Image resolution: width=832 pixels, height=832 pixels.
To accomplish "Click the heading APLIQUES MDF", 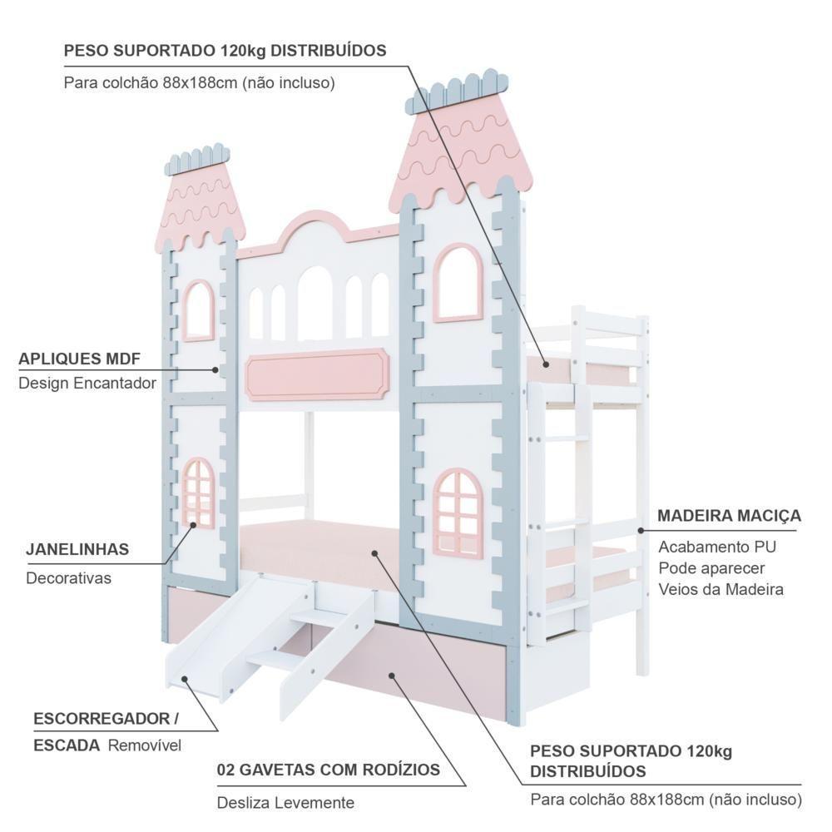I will (x=79, y=359).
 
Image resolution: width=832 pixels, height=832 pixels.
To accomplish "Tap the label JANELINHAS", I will (x=77, y=549).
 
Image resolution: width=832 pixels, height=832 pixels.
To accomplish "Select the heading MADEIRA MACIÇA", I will (x=729, y=516).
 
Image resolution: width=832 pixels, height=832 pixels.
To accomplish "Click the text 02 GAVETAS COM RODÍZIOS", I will (x=328, y=770).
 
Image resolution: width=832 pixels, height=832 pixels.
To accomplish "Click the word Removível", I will (x=144, y=745).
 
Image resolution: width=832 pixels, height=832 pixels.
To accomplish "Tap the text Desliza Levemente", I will (x=285, y=803).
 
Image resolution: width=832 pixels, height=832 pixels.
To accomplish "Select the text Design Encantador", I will (x=87, y=384).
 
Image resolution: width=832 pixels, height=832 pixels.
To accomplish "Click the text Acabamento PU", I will (x=716, y=547).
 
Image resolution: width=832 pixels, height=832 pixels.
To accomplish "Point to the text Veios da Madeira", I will (x=721, y=589).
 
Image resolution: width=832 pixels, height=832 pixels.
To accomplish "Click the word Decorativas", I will (x=68, y=577).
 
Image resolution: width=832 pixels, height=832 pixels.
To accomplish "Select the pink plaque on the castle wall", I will (x=318, y=374).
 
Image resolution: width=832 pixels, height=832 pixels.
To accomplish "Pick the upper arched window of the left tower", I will (x=198, y=310).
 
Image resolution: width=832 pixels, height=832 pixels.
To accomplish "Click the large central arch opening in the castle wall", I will (x=315, y=304).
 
